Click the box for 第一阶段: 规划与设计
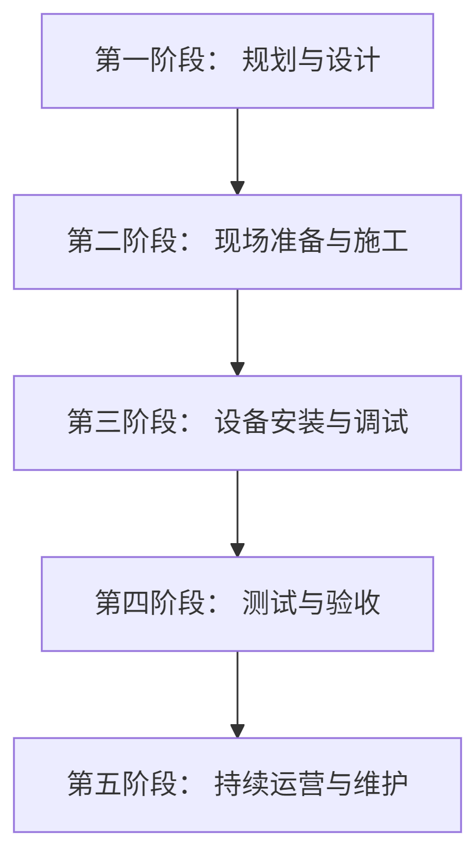coord(237,61)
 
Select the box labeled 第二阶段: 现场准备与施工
coord(237,242)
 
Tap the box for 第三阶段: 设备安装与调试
coord(237,423)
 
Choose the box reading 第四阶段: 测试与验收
coord(237,604)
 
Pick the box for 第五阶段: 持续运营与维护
coord(237,785)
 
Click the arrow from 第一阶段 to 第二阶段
coord(237,151)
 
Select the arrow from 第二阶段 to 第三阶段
coord(237,332)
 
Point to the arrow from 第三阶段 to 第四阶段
coord(237,513)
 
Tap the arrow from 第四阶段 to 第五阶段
coord(237,694)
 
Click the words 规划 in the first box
coord(269,60)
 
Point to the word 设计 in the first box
coord(352,60)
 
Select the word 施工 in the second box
coord(380,241)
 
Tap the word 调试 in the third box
coord(380,422)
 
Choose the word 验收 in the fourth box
coord(352,603)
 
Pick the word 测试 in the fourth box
coord(269,603)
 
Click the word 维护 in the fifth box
coord(380,784)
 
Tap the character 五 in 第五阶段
coord(109,784)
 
